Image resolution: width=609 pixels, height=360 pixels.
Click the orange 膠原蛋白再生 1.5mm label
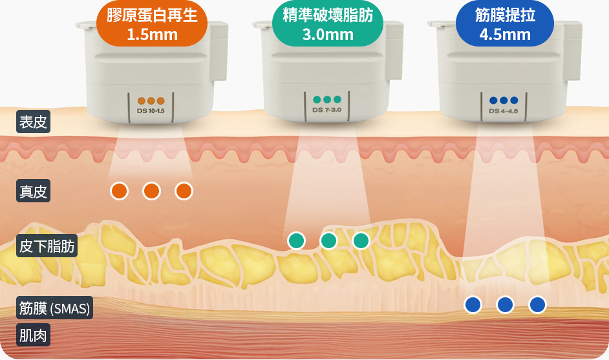152,24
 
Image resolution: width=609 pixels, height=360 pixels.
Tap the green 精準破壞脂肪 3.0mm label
328,24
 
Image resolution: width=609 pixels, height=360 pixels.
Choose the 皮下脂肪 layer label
47,246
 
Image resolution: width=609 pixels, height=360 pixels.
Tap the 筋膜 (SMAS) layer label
54,308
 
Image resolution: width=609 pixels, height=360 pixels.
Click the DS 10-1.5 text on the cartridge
151,111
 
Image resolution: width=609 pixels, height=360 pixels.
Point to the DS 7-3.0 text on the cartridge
326,110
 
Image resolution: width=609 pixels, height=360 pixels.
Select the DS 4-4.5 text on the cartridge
504,111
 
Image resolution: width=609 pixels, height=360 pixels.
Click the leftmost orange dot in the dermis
119,191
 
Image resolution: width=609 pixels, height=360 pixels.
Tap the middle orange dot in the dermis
151,191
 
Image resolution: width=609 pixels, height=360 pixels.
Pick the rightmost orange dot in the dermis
184,191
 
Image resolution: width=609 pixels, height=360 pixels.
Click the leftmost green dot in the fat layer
296,240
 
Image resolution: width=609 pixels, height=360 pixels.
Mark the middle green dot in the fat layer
328,240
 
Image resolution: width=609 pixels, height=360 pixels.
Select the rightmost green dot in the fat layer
361,240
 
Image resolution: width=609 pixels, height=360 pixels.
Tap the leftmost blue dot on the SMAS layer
473,304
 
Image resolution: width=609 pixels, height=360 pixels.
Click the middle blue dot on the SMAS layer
505,304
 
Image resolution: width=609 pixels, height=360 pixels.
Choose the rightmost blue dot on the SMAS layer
537,304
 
